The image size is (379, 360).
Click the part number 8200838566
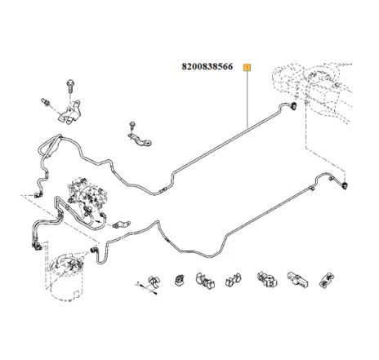coord(207,67)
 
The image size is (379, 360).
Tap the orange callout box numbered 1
coord(247,68)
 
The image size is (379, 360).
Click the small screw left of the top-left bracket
coord(46,101)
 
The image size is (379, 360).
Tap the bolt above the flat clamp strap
coord(132,126)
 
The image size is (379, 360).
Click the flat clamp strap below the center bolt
coord(140,139)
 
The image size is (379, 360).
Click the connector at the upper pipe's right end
coord(293,106)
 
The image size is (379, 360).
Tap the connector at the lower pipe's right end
coord(345,186)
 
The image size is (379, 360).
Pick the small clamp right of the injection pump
coord(122,224)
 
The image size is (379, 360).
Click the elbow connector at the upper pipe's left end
coord(38,194)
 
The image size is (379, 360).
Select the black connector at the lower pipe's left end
coord(94,249)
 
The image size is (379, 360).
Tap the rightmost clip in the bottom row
coord(326,280)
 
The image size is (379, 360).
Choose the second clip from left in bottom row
coord(180,280)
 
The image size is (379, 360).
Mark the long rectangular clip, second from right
coord(297,278)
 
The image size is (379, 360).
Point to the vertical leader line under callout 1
coord(247,100)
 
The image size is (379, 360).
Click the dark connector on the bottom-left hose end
coord(36,246)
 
